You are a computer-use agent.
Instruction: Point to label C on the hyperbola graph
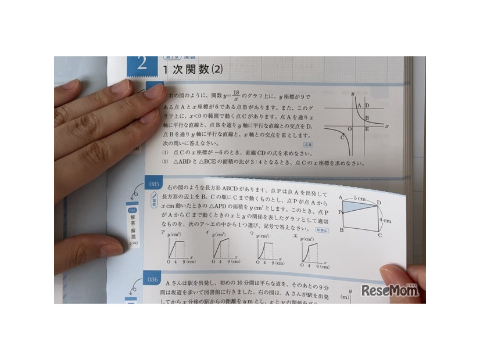[x=343, y=137]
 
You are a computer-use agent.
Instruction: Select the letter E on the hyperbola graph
[x=367, y=129]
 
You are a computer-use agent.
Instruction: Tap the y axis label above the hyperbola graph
[x=353, y=93]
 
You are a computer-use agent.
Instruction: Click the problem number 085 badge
[x=154, y=185]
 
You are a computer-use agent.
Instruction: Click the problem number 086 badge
[x=153, y=280]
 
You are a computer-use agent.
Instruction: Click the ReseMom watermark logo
[x=390, y=290]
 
